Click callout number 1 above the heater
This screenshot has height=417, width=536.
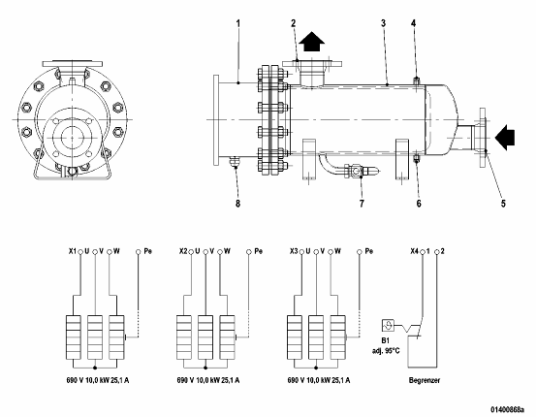pyautogui.click(x=238, y=23)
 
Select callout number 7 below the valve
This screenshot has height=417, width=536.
pyautogui.click(x=362, y=204)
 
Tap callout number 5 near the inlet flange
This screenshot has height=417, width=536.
pyautogui.click(x=503, y=204)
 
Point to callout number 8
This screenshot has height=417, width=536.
pyautogui.click(x=237, y=204)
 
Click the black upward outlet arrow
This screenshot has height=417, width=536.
pyautogui.click(x=311, y=42)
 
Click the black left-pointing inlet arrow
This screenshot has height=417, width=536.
pyautogui.click(x=505, y=138)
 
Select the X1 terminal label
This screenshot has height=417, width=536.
pyautogui.click(x=73, y=251)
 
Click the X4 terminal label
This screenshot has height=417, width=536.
pyautogui.click(x=414, y=251)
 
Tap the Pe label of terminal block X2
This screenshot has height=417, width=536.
pyautogui.click(x=259, y=251)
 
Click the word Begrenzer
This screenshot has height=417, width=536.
pyautogui.click(x=425, y=380)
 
